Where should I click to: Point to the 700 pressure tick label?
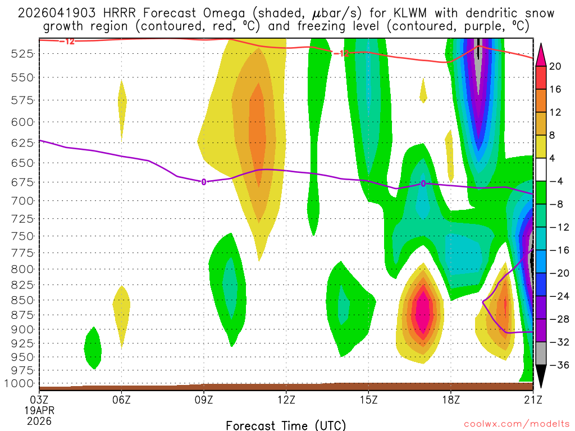22,200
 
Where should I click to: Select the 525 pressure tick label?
22,53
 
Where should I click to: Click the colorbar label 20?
555,66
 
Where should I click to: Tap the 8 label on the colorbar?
555,135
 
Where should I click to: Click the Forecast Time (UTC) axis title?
286,425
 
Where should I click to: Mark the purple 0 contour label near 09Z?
204,181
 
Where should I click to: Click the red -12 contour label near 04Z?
69,42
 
